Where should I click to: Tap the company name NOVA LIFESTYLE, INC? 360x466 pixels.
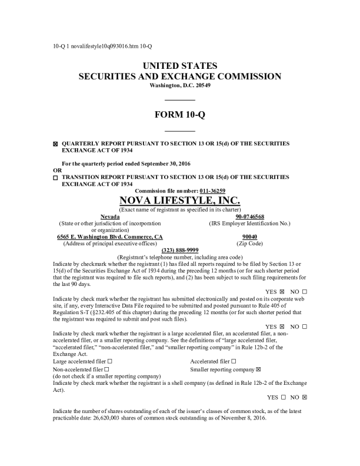[x=179, y=200]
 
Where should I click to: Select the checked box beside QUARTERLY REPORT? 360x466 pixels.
[x=55, y=144]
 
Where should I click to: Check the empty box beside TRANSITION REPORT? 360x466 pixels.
[x=55, y=177]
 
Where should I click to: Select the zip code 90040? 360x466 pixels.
[x=250, y=237]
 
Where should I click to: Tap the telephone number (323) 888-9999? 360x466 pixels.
[x=179, y=250]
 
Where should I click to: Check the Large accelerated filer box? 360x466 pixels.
[x=110, y=361]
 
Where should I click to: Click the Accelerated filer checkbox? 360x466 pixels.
[x=234, y=361]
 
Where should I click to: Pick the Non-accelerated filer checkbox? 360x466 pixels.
[x=106, y=369]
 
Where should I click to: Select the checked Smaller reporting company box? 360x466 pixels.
[x=258, y=369]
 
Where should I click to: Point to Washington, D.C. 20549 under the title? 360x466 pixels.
[x=179, y=85]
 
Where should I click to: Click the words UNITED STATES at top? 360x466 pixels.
[x=179, y=65]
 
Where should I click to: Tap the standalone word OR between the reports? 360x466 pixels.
[x=56, y=170]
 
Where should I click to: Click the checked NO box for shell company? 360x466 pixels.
[x=305, y=397]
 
